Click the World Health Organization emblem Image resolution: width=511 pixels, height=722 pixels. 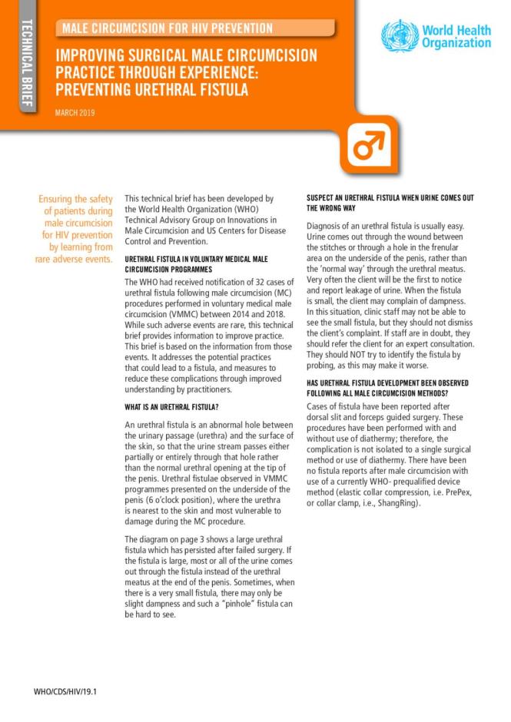[400, 35]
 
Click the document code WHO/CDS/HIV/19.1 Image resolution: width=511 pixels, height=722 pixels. [65, 692]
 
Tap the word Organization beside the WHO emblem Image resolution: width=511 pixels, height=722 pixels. [456, 43]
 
